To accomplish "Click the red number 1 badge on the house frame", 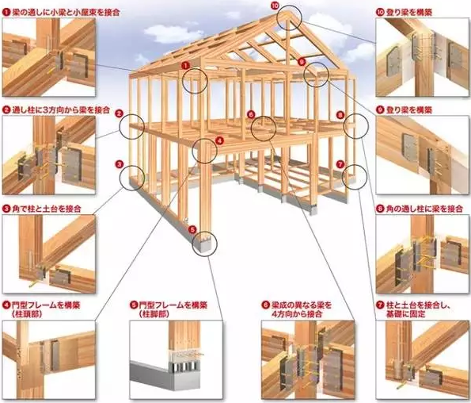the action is point(186,65).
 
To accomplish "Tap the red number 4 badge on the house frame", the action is point(220,140).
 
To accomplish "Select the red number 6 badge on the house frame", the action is point(251,114).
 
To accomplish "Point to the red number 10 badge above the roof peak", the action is point(275,5).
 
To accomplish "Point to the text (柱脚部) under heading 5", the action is point(154,314).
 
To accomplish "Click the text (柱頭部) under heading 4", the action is point(27,314).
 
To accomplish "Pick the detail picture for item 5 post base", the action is point(176,359).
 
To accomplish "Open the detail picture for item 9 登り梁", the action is point(422,155).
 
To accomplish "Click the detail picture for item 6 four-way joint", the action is point(308,359).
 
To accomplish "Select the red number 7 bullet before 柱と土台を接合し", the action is point(381,305).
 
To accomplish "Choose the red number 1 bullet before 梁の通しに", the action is point(6,13).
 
